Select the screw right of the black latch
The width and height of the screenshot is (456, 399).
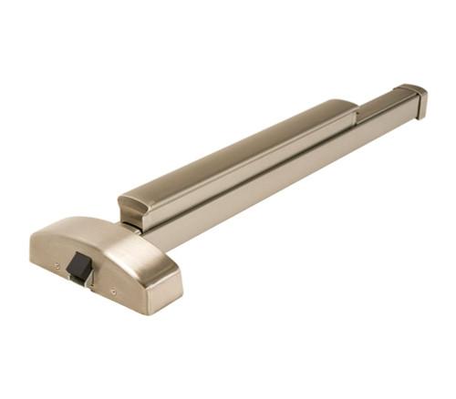point(113,292)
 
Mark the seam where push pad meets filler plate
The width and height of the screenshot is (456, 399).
point(357,113)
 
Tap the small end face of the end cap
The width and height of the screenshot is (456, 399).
point(422,105)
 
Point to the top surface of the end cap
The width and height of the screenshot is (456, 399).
point(410,89)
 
